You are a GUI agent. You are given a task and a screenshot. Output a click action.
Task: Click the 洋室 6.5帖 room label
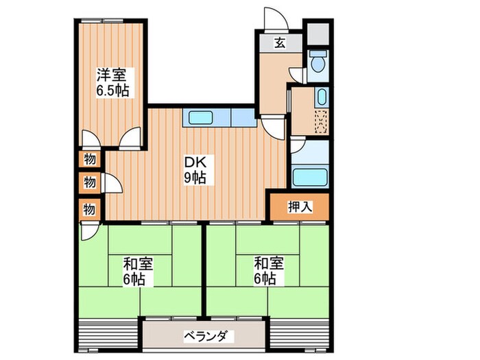point(112,82)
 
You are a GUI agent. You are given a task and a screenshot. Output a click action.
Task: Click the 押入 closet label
point(299,206)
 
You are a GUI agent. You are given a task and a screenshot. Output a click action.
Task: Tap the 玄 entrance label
point(280,43)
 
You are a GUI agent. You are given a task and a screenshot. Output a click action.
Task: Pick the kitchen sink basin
point(201,119)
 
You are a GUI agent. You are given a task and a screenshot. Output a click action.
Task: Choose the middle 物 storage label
point(90,182)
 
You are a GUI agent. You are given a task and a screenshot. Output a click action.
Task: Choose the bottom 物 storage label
point(90,207)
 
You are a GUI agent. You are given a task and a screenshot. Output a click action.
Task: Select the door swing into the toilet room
point(298,74)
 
